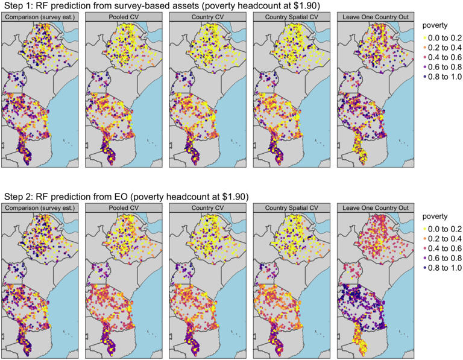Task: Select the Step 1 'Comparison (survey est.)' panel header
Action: coord(40,17)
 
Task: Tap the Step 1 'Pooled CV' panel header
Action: coord(124,17)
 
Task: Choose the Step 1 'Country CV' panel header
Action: coord(207,17)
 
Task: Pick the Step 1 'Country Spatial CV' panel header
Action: coord(291,17)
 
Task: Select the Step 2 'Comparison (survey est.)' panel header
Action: coord(40,208)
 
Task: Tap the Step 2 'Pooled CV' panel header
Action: coord(124,208)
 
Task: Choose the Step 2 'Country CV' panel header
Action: coord(207,208)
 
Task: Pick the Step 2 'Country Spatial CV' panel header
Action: coord(291,208)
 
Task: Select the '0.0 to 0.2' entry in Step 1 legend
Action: coord(443,37)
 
